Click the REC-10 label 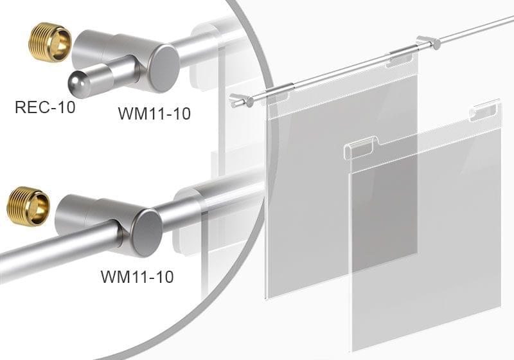click(x=44, y=107)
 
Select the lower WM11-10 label click(x=137, y=277)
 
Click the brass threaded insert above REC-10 click(x=50, y=42)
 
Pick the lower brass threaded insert click(x=28, y=206)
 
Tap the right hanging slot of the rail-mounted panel click(x=399, y=61)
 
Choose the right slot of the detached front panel click(x=483, y=112)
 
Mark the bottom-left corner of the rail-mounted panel click(x=268, y=296)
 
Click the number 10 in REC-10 click(x=65, y=107)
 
